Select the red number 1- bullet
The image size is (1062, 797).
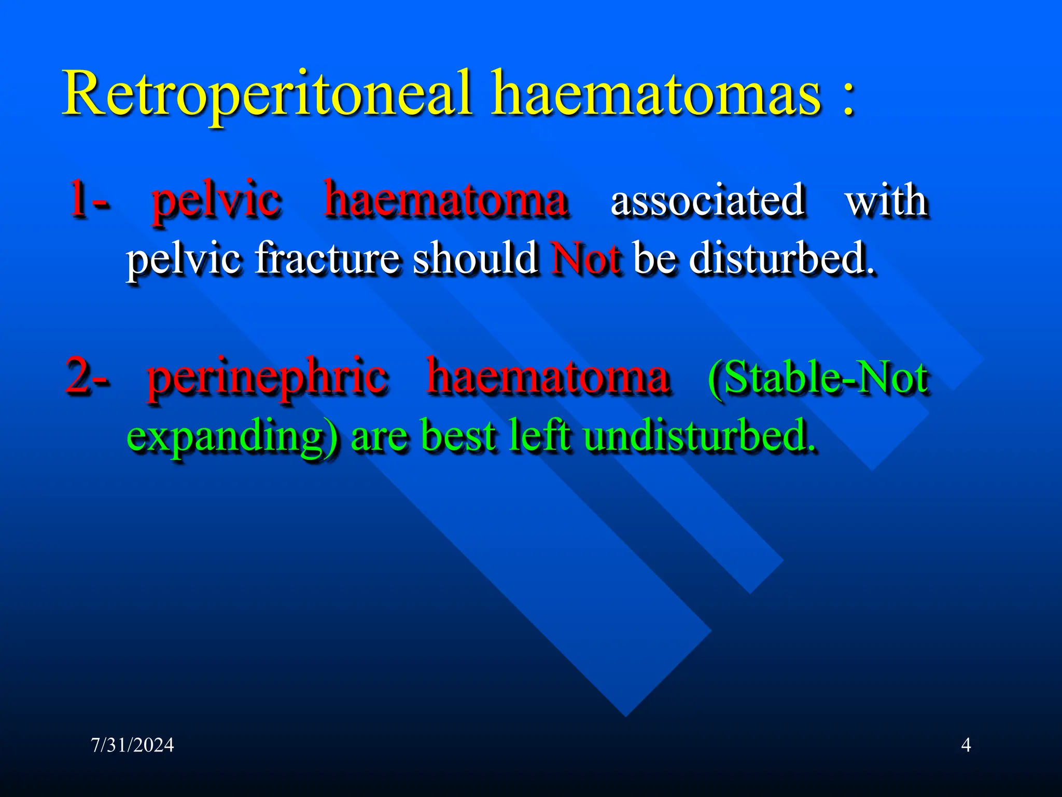coord(88,199)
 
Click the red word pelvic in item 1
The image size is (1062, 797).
coord(216,200)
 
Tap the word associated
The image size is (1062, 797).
coord(708,200)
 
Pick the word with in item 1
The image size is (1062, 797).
coord(886,200)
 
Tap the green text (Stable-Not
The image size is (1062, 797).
coord(818,378)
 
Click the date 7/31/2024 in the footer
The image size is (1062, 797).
coord(132,745)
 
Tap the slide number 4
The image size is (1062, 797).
coord(966,745)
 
